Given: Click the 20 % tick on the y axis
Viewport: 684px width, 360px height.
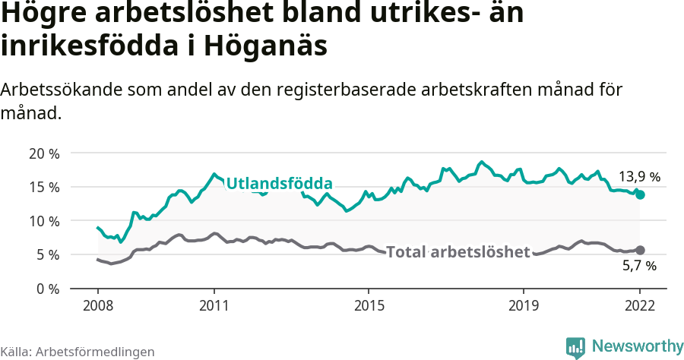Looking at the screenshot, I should [x=43, y=153].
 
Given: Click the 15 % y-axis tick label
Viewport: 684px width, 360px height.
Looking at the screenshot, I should [x=43, y=187].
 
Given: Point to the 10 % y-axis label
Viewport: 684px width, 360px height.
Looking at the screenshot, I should [x=43, y=221].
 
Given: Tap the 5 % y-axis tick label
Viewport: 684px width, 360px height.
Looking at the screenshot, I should [x=46, y=255].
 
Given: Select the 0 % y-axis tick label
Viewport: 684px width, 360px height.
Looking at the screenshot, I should [x=46, y=289].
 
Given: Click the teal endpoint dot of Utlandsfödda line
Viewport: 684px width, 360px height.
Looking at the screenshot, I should [x=640, y=195].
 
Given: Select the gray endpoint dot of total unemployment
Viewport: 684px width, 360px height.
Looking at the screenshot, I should [x=640, y=250].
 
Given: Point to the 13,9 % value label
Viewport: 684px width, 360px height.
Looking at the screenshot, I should [x=638, y=177].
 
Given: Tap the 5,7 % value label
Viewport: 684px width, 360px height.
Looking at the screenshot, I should [x=638, y=267].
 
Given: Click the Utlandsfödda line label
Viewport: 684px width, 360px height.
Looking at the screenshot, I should [x=280, y=184].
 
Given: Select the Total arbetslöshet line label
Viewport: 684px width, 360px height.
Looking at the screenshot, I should [x=458, y=252].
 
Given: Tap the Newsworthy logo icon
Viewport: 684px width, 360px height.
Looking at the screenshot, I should [x=575, y=347].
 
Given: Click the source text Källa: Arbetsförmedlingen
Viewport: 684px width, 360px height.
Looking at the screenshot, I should [x=78, y=352].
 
